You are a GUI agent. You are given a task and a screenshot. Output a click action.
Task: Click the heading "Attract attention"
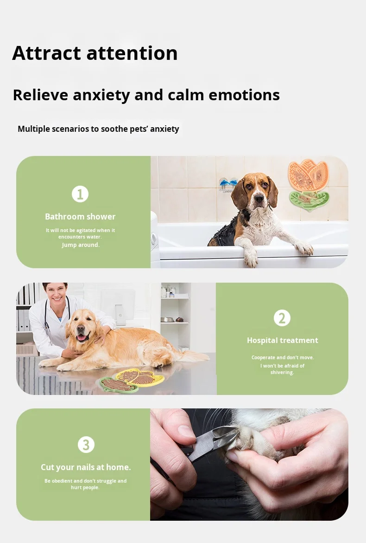pos(95,53)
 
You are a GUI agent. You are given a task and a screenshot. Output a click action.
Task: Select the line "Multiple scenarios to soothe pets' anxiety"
pos(98,129)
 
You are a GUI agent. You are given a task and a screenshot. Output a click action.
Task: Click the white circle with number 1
pos(80,194)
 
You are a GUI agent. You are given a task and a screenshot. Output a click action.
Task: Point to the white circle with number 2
pos(282,318)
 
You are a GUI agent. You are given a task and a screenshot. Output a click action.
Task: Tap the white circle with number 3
pos(86,445)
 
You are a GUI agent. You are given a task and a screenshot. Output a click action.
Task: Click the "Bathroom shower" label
pos(80,216)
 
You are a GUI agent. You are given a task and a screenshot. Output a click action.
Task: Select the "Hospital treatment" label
pos(282,340)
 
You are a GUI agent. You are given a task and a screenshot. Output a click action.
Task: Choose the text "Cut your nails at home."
pos(86,467)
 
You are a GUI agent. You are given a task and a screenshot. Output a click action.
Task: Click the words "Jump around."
pos(81,245)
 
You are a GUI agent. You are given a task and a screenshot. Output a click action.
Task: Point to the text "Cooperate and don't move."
pos(282,357)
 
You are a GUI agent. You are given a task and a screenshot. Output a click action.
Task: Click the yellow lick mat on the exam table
pos(139,376)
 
